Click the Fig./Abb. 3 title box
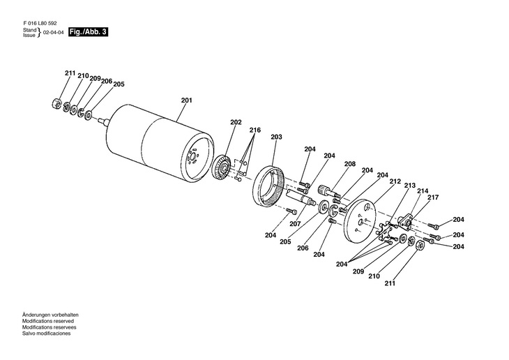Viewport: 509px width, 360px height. click(89, 32)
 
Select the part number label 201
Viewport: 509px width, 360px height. click(186, 100)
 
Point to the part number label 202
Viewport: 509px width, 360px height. click(236, 122)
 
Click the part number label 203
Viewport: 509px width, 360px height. click(276, 137)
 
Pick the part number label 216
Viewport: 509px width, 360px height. click(255, 130)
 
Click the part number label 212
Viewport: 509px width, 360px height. click(395, 181)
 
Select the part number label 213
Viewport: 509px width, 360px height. click(409, 186)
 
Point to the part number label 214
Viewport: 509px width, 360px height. click(423, 190)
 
